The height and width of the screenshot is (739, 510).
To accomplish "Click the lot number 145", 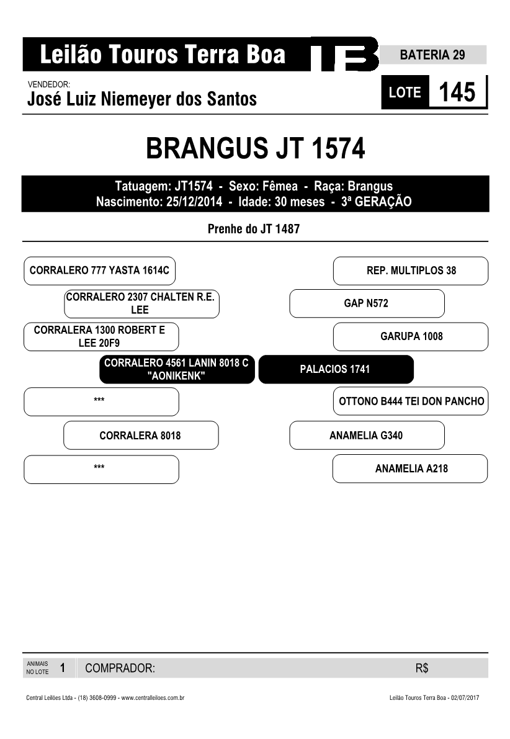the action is click(457, 92).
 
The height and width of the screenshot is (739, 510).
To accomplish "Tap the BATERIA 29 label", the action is click(432, 55).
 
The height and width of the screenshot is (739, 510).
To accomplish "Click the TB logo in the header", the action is click(344, 54).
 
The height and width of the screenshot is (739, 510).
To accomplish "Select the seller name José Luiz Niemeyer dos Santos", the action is click(142, 99).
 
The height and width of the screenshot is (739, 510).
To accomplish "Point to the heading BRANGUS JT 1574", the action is click(256, 148).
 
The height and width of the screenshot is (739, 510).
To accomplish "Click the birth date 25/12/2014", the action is click(194, 202).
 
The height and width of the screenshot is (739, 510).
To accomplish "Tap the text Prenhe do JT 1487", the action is click(254, 229).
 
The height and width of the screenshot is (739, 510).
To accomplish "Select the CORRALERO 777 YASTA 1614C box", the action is click(99, 271).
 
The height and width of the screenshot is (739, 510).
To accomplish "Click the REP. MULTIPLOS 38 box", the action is click(411, 271).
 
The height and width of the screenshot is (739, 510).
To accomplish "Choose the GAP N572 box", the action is click(367, 303).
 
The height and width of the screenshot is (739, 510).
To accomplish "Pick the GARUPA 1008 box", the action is click(411, 336).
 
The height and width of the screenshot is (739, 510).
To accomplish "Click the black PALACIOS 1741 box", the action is click(336, 369).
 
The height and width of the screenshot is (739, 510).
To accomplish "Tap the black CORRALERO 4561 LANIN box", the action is click(177, 369).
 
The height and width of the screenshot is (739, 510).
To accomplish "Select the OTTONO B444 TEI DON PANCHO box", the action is click(411, 401).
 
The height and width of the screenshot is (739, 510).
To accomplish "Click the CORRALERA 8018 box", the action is click(141, 436).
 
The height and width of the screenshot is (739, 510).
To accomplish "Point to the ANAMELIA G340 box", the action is click(367, 436).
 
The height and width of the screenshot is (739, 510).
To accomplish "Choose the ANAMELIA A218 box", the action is click(410, 468).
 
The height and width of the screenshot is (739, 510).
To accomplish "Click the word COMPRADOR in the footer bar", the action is click(120, 668).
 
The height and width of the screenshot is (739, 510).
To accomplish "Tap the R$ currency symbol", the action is click(422, 668).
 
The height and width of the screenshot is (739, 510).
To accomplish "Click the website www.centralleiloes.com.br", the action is click(153, 697).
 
